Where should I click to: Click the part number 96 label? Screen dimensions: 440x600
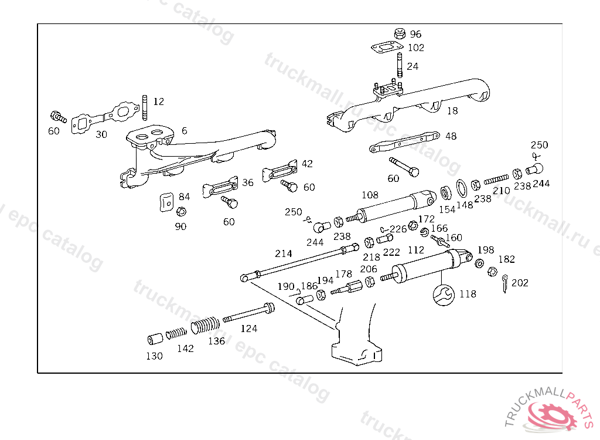click(415, 34)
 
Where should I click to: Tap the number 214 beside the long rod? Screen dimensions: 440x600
click(284, 254)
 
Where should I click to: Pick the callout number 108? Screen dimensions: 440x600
click(370, 195)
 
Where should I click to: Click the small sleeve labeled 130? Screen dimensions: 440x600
click(155, 339)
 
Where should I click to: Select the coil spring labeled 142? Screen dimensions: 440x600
click(176, 334)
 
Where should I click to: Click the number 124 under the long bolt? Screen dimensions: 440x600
click(249, 329)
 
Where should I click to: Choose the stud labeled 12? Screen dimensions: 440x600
click(144, 106)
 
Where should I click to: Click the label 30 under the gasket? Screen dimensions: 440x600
click(101, 134)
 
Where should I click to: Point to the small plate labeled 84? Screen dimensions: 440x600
click(166, 201)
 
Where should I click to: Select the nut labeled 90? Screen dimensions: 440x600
click(182, 212)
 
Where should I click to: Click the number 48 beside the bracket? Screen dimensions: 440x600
click(451, 136)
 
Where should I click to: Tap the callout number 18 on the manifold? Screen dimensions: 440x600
click(452, 110)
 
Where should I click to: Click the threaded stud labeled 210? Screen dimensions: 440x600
click(496, 178)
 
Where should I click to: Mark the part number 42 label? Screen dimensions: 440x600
click(307, 164)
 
